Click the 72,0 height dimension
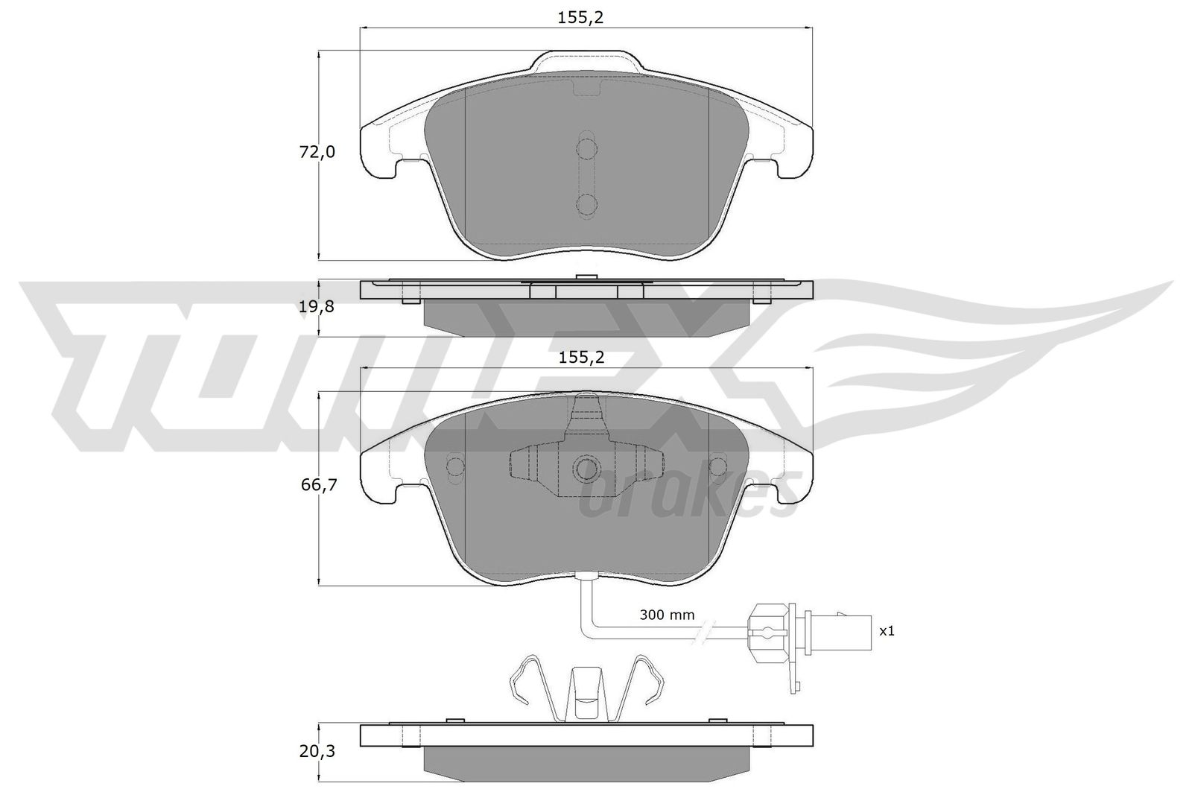pos(317,152)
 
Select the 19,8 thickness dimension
pos(317,306)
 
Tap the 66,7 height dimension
pos(319,485)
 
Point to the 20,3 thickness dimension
pos(317,751)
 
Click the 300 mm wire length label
pos(667,615)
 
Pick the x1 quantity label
pos(887,631)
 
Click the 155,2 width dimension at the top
pos(580,18)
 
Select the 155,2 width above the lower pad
pos(582,358)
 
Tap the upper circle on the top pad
pos(587,148)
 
